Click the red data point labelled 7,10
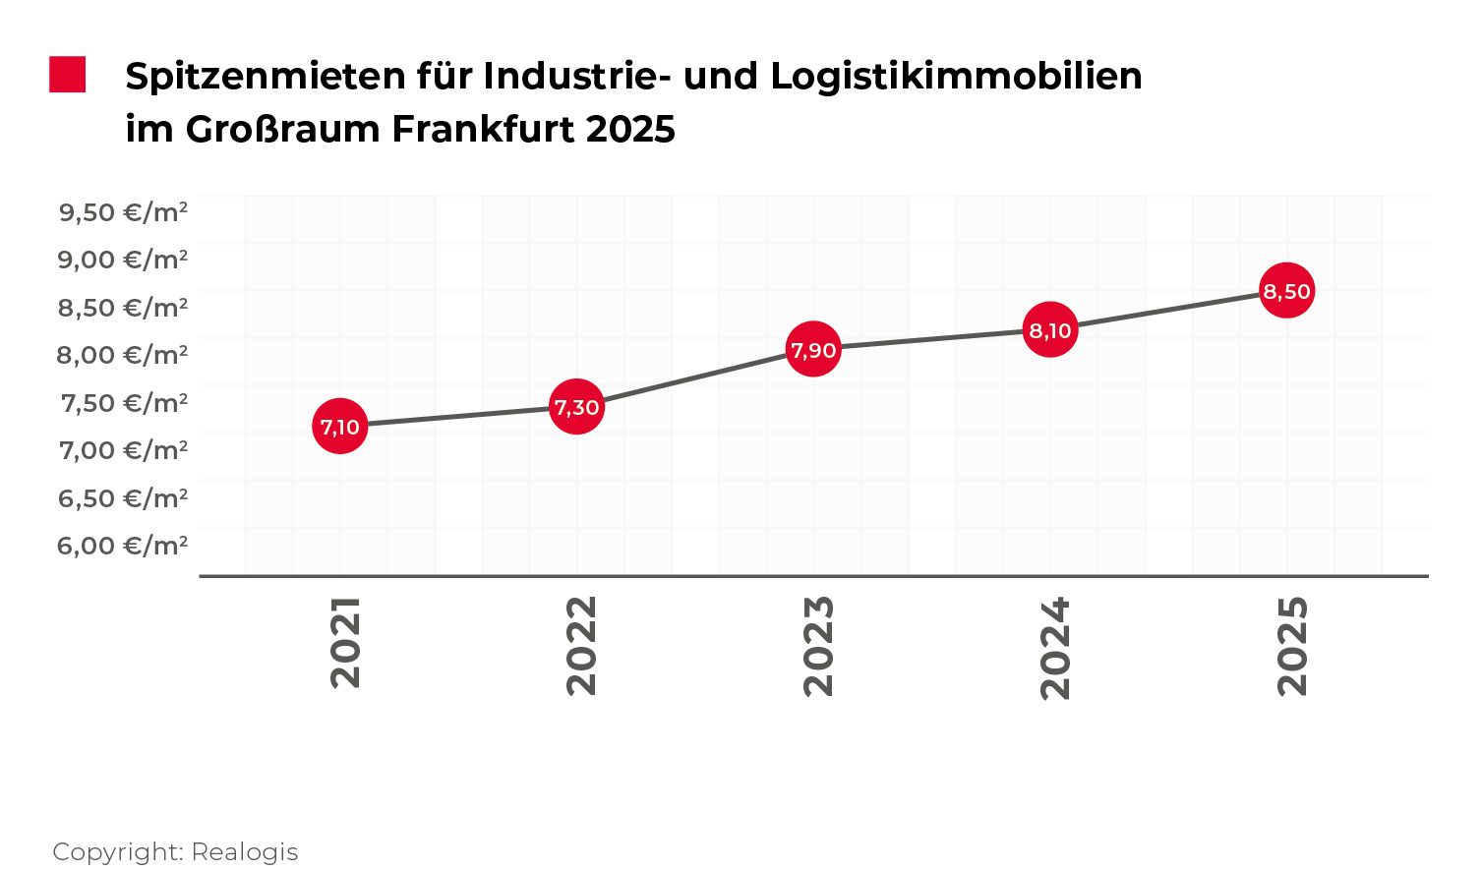[340, 427]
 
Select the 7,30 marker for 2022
[576, 407]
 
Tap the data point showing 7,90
[813, 349]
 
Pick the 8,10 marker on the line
[1050, 330]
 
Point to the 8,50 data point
[1286, 291]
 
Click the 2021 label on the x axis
[345, 642]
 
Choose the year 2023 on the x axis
[818, 645]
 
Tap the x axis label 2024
[1055, 647]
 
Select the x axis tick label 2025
[1292, 645]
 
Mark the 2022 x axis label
[582, 645]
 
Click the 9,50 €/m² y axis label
[123, 211]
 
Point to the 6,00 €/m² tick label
[123, 545]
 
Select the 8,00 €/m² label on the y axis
[123, 354]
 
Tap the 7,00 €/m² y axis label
[123, 450]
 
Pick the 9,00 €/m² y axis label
[123, 260]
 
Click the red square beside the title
[68, 76]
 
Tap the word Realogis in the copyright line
[244, 851]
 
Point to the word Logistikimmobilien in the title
[956, 76]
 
